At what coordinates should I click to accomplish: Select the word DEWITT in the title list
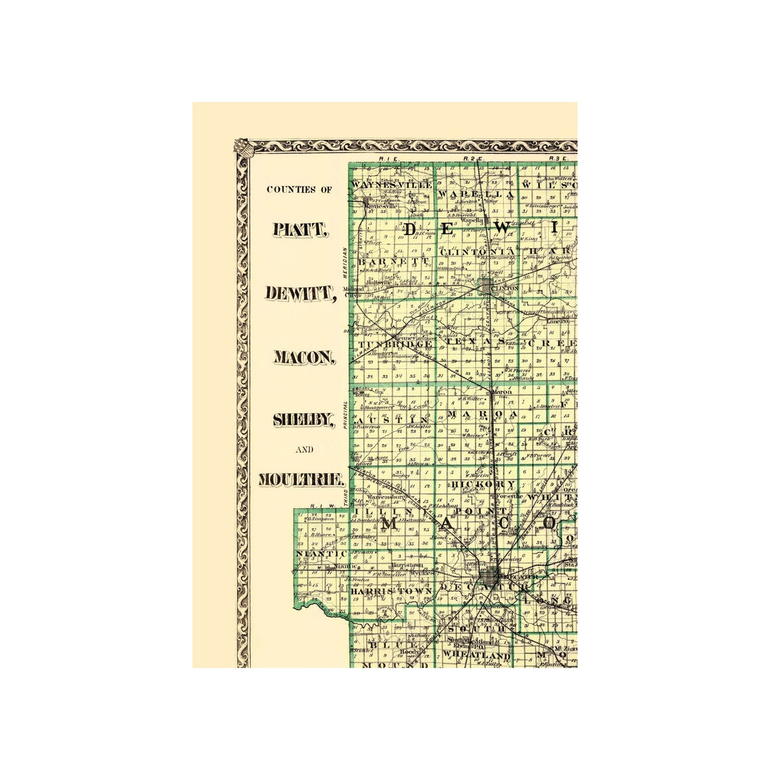click(299, 293)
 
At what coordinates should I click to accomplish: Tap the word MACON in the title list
click(304, 357)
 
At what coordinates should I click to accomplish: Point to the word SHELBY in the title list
click(303, 419)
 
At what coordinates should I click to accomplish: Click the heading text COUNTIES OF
click(299, 190)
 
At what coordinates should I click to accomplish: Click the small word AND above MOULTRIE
click(304, 449)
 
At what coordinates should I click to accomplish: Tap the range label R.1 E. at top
click(388, 158)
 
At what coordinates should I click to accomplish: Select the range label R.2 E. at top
click(474, 158)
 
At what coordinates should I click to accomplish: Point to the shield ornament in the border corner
click(242, 147)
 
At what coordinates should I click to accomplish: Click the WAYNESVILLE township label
click(392, 185)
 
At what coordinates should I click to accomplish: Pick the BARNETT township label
click(392, 262)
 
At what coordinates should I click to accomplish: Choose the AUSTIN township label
click(392, 420)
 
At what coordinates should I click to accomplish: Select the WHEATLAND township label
click(476, 656)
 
